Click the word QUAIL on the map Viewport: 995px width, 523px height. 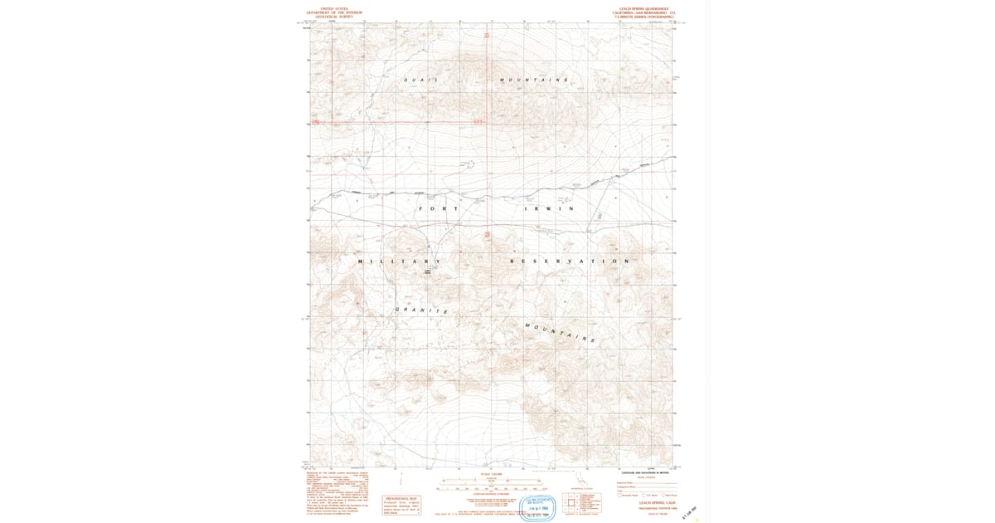(x=420, y=80)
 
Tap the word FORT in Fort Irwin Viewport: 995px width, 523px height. (x=439, y=208)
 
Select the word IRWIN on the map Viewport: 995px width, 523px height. (x=548, y=208)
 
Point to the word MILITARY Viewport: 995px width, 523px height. (x=399, y=261)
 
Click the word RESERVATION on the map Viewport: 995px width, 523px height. (x=570, y=261)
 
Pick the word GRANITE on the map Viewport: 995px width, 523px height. (x=422, y=310)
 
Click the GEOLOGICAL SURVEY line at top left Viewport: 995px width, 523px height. (x=334, y=17)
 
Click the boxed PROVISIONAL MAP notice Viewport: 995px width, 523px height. (x=401, y=506)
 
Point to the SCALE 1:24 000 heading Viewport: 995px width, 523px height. (x=492, y=475)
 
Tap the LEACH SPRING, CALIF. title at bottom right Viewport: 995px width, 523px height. (x=658, y=502)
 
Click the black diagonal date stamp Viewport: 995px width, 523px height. (x=689, y=514)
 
